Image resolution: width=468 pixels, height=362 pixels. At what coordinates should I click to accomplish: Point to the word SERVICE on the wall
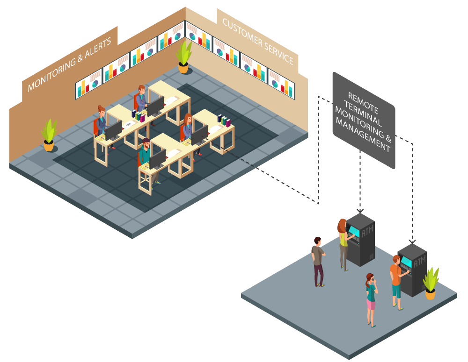(x=279, y=56)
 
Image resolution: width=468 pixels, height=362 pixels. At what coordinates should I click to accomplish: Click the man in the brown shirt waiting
(x=318, y=261)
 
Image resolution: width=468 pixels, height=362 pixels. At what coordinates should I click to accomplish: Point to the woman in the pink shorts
(x=371, y=299)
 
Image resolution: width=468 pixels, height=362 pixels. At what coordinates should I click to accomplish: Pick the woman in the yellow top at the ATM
(x=344, y=243)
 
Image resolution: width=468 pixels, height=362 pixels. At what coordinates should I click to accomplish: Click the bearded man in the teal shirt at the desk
(x=146, y=156)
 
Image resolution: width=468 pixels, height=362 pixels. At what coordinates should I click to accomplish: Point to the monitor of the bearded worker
(x=157, y=159)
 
